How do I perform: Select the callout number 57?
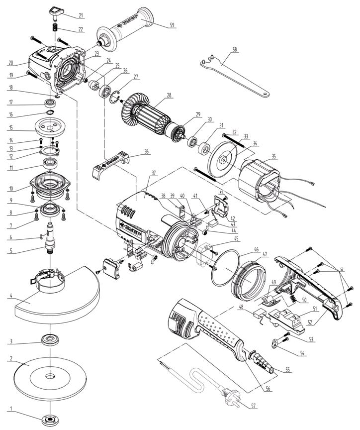click(x=254, y=406)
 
